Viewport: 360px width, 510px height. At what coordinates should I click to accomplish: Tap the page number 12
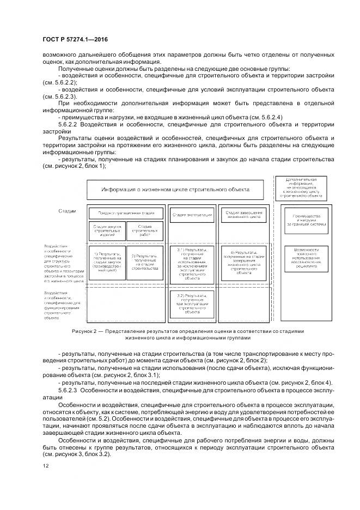(44, 465)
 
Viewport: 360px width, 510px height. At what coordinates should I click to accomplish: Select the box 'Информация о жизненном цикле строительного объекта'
(175, 189)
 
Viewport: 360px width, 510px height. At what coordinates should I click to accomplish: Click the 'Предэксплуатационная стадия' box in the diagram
(126, 213)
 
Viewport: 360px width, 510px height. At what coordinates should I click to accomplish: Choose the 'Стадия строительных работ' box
(144, 229)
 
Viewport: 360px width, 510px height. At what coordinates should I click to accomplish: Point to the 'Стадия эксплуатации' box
(192, 215)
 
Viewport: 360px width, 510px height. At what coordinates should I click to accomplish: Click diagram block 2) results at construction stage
(144, 262)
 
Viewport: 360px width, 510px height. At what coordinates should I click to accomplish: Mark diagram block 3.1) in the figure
(192, 264)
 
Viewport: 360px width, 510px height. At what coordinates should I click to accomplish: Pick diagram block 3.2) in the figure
(192, 304)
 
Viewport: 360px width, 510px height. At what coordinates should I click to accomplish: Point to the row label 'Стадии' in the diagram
(67, 210)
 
